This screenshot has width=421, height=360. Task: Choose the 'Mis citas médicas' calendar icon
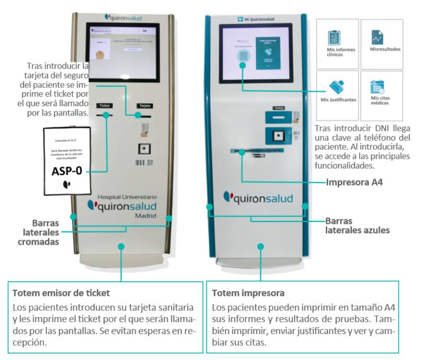click(x=377, y=87)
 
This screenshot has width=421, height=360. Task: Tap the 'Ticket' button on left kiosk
click(x=105, y=105)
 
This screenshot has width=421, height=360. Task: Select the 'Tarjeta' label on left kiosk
click(x=142, y=105)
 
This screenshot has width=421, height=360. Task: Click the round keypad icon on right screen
click(x=244, y=56)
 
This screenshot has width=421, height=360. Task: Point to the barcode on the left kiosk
click(x=140, y=163)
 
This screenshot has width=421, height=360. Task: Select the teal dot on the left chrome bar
click(x=73, y=217)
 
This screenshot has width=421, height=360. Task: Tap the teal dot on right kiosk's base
click(x=260, y=246)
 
